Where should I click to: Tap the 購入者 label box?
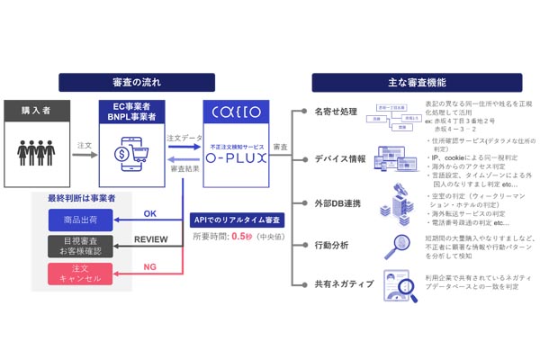click(x=38, y=112)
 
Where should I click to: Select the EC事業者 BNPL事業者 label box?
click(x=130, y=112)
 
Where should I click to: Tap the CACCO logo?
click(x=238, y=113)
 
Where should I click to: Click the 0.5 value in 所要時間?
click(x=238, y=237)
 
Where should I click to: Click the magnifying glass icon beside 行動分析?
click(x=393, y=245)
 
